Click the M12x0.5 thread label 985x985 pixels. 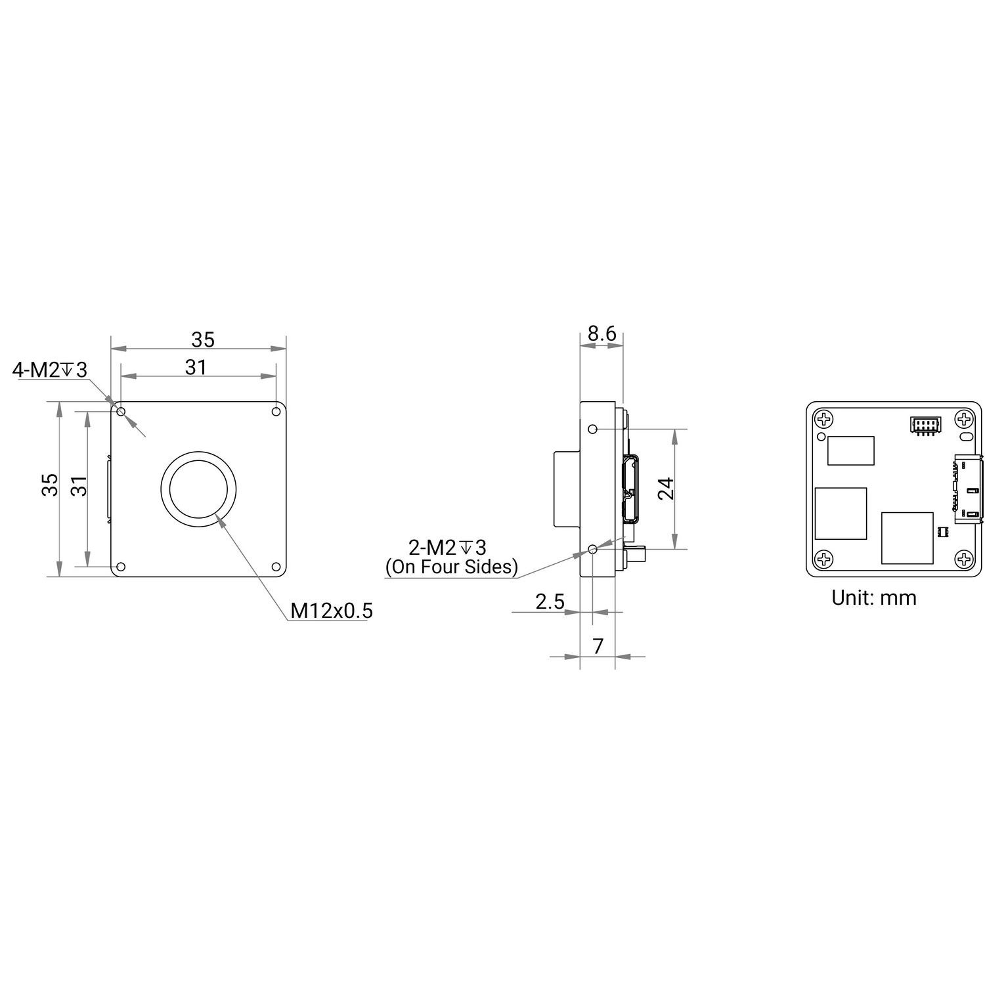(331, 611)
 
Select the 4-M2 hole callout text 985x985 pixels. (49, 370)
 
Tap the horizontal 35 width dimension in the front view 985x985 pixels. (202, 339)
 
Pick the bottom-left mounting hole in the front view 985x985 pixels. (121, 567)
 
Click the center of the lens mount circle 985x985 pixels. (199, 489)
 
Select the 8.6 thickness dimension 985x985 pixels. (601, 334)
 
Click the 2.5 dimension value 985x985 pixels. (549, 602)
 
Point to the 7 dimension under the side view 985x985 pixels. (598, 646)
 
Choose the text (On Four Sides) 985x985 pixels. (451, 567)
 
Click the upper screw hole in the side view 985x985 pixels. (593, 429)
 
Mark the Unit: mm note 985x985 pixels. (873, 598)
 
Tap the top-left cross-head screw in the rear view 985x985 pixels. (823, 418)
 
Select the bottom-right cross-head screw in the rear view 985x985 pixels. (964, 559)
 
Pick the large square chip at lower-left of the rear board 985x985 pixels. (841, 513)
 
